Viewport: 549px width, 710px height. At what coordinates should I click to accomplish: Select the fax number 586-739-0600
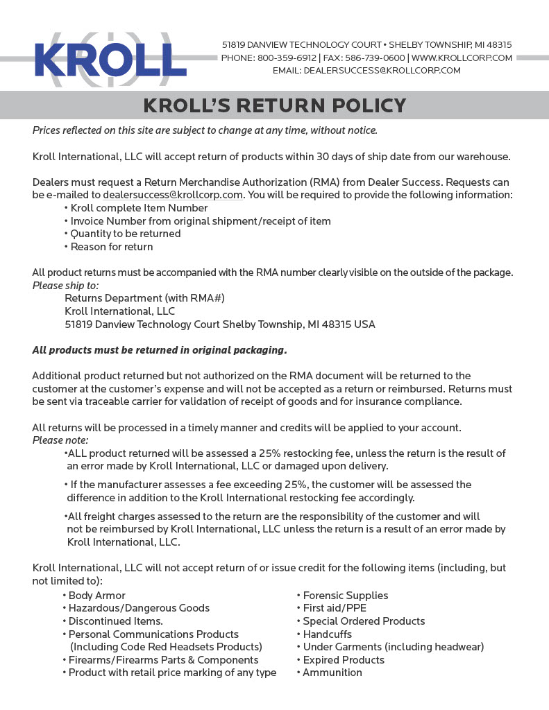coord(380,58)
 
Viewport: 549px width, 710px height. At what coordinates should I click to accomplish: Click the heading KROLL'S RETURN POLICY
coord(274,105)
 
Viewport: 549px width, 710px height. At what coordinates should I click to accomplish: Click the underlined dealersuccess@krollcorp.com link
coord(173,195)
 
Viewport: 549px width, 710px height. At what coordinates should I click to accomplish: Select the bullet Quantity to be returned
coord(126,234)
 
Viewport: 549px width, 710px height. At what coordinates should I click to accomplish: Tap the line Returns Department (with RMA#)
coord(144,298)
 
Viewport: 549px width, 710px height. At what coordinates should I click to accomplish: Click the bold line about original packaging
coord(160,350)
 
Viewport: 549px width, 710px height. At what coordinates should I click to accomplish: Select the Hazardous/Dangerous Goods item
coord(139,608)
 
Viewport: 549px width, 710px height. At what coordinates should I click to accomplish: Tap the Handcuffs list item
coord(328,634)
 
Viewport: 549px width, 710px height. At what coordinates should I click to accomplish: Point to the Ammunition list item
coord(332,673)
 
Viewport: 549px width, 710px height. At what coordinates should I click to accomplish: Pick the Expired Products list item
coord(344,660)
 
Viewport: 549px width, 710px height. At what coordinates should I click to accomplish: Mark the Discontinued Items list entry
coord(116,621)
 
